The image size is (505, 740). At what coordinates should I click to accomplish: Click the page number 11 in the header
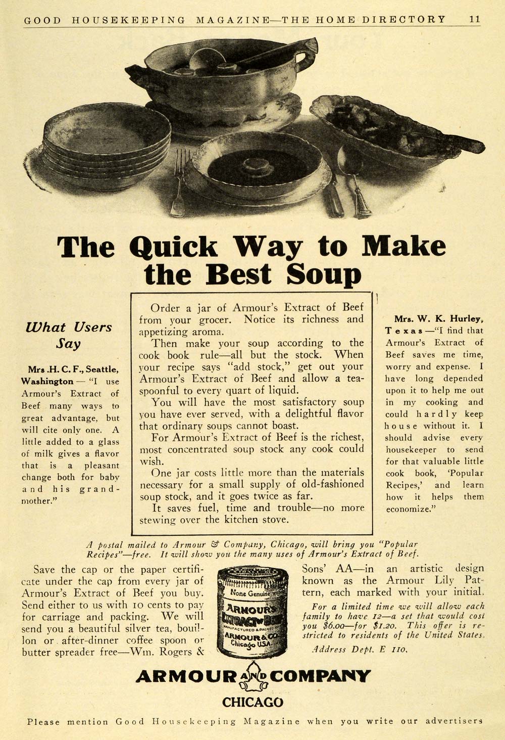click(474, 19)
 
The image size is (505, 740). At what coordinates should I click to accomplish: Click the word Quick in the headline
click(173, 247)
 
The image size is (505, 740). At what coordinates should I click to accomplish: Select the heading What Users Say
click(69, 335)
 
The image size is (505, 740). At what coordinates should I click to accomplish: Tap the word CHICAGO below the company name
click(252, 702)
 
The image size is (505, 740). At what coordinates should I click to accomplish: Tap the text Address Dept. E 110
click(360, 650)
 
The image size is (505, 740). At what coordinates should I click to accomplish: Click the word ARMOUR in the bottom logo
click(186, 677)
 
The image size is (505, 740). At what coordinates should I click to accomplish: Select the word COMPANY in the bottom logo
click(321, 677)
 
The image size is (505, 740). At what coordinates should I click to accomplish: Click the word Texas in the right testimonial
click(404, 331)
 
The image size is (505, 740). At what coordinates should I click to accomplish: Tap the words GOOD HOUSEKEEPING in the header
click(105, 20)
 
